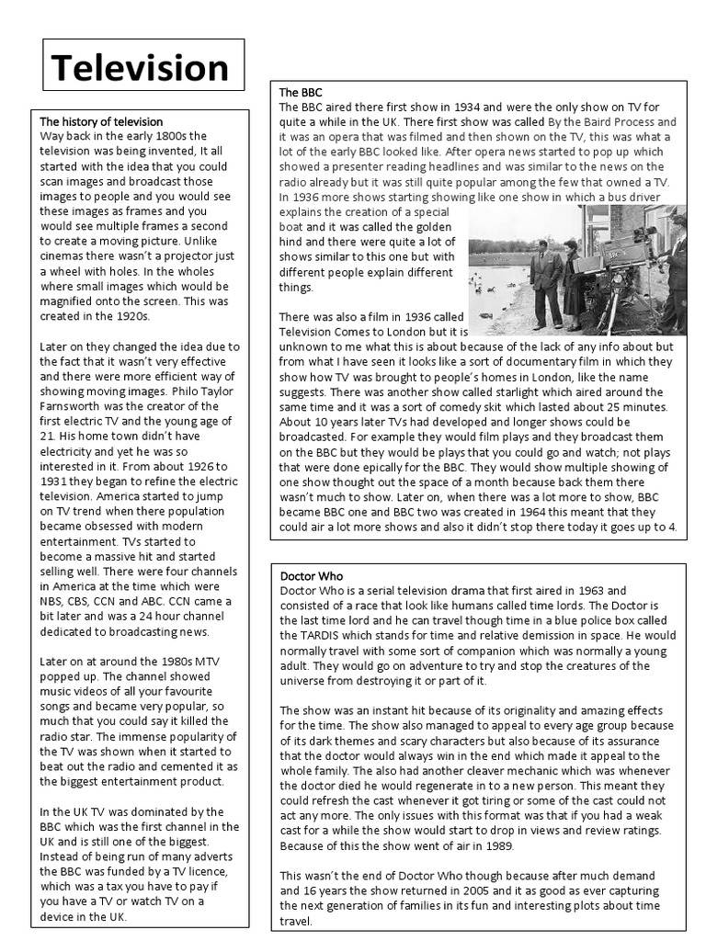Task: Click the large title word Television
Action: [139, 67]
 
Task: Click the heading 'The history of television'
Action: [101, 121]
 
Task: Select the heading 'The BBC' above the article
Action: [299, 93]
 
